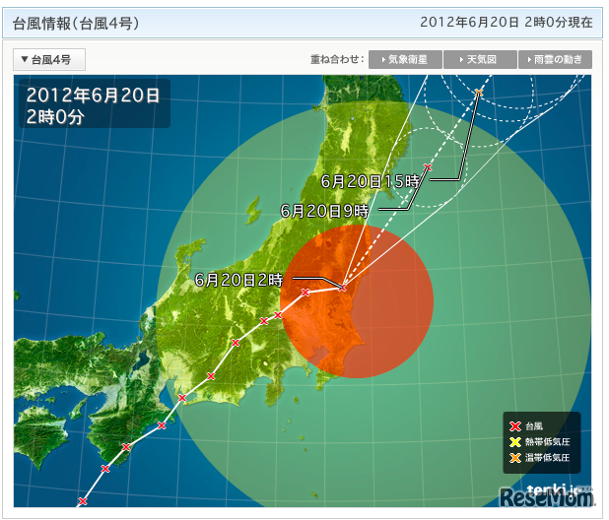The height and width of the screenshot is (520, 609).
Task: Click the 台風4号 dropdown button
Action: (49, 60)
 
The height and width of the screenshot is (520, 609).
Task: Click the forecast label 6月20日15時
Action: (371, 180)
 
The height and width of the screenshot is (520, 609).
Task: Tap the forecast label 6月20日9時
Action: (325, 210)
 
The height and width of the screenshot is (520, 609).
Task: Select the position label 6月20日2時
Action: (238, 279)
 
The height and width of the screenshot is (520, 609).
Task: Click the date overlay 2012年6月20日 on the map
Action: (93, 97)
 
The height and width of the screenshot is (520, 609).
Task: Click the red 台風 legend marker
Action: (514, 426)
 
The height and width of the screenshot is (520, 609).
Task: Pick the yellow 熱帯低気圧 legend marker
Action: (514, 442)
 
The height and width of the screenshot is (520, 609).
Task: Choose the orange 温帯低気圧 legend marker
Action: (514, 458)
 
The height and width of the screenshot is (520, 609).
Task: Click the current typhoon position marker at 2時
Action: (342, 287)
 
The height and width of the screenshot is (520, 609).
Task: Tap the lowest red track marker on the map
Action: (80, 501)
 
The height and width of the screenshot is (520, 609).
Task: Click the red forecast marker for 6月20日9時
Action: (428, 167)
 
